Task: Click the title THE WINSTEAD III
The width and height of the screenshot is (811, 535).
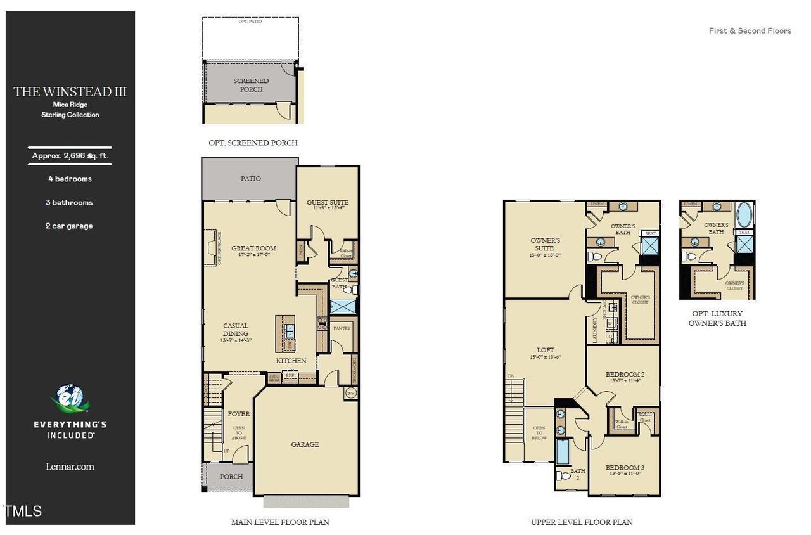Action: (70, 92)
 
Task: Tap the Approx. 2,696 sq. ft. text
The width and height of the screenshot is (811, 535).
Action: (70, 155)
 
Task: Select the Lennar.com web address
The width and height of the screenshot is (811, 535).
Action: (70, 467)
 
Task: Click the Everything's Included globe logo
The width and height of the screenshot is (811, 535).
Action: (70, 398)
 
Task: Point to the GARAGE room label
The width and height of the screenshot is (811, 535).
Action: (305, 444)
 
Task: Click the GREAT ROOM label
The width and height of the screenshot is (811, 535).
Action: (253, 248)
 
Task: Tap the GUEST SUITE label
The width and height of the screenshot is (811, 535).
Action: (328, 203)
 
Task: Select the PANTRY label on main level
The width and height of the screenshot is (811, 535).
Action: (342, 328)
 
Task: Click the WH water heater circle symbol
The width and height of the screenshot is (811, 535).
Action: (350, 393)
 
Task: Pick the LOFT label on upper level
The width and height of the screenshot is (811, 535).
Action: (546, 350)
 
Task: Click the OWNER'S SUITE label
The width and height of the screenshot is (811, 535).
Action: (545, 244)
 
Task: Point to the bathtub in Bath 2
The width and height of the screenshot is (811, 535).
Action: (562, 451)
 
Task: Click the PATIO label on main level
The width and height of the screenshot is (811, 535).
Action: (250, 179)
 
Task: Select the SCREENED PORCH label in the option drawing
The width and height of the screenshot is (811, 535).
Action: (251, 85)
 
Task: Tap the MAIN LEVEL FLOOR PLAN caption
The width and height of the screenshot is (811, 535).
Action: (280, 522)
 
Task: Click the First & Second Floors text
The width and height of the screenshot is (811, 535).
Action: (750, 30)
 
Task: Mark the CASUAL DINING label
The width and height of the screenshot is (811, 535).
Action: (235, 330)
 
